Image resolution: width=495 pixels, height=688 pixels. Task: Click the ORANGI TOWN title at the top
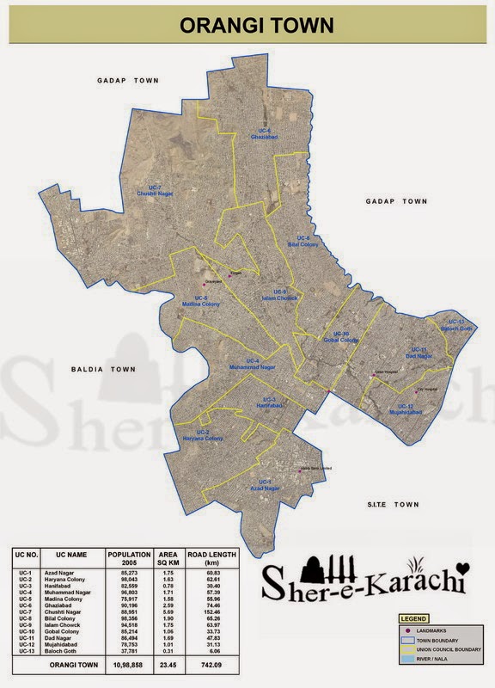point(256,27)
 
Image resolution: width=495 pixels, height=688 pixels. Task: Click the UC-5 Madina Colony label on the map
point(200,301)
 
